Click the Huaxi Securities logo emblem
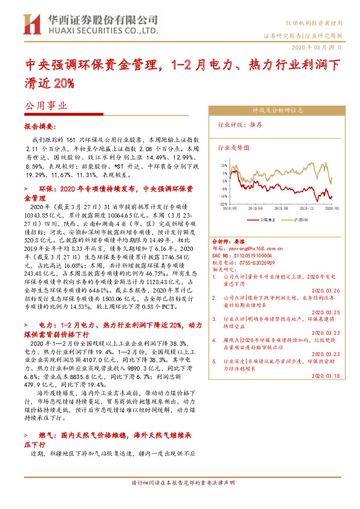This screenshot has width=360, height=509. pos(30,24)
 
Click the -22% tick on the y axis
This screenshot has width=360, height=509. pos(224,204)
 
